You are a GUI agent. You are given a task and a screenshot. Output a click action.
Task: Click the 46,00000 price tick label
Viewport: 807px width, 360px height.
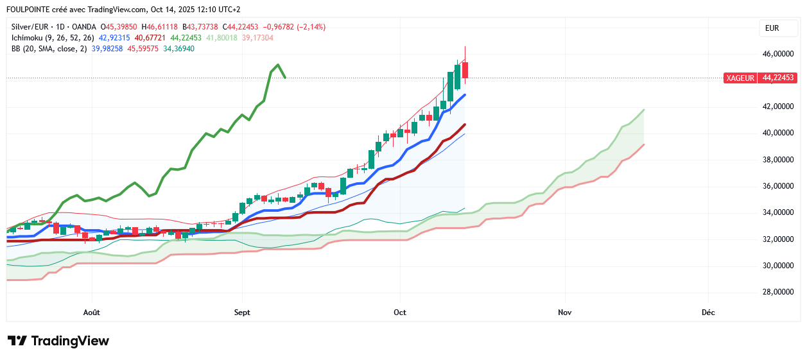pyautogui.click(x=778, y=54)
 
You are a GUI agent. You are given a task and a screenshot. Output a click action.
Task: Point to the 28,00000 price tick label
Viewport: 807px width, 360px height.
pyautogui.click(x=778, y=292)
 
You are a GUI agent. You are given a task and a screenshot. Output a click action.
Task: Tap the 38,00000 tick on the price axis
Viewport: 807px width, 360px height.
pyautogui.click(x=778, y=160)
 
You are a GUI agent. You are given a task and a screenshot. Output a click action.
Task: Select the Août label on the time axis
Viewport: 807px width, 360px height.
pyautogui.click(x=92, y=313)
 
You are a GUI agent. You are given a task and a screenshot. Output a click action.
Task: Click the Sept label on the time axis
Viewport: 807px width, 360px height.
pyautogui.click(x=242, y=313)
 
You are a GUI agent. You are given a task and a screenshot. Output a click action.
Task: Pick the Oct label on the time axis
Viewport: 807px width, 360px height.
pyautogui.click(x=400, y=313)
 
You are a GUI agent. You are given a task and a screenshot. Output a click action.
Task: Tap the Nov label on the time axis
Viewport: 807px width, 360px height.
pyautogui.click(x=565, y=313)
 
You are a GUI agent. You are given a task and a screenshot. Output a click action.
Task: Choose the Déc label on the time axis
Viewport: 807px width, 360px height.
pyautogui.click(x=708, y=313)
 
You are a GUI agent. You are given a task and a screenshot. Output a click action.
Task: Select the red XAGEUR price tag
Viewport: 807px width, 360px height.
pyautogui.click(x=740, y=78)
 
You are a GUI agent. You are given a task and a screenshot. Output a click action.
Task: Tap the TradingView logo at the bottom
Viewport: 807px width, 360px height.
pyautogui.click(x=58, y=341)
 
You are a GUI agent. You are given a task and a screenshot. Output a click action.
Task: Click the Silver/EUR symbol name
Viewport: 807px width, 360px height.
pyautogui.click(x=31, y=27)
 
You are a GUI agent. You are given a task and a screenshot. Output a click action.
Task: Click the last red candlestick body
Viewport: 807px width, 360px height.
pyautogui.click(x=465, y=70)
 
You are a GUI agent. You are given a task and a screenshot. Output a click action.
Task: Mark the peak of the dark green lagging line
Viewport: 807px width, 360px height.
pyautogui.click(x=277, y=64)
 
